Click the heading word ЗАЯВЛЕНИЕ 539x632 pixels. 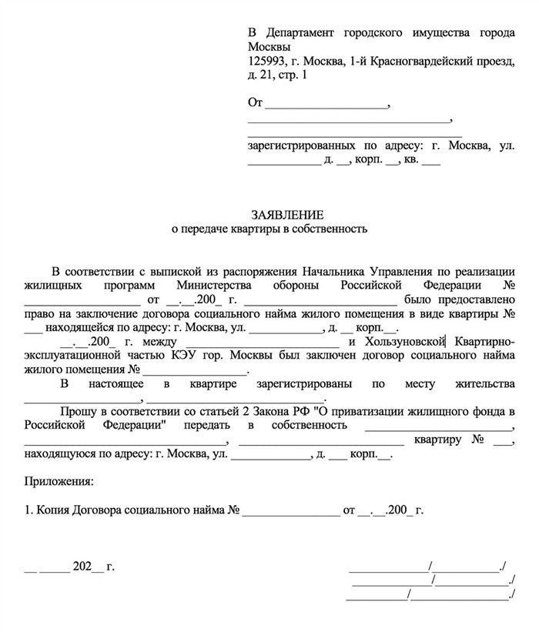point(287,214)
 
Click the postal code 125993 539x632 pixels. point(267,61)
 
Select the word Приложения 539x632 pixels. point(59,482)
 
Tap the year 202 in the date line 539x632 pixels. point(82,567)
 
